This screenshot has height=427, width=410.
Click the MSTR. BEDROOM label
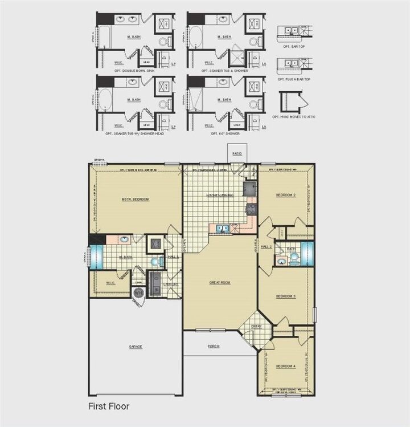tap(136, 199)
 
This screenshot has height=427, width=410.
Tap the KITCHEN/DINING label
tap(219, 195)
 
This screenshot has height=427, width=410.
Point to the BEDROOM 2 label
tap(286, 195)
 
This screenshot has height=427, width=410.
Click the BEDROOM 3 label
tap(286, 296)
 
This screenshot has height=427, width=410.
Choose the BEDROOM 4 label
tap(286, 365)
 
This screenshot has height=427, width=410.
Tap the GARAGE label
tap(136, 346)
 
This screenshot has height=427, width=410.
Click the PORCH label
tap(214, 346)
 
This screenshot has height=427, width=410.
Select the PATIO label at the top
tap(237, 154)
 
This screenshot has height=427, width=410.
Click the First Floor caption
tap(108, 406)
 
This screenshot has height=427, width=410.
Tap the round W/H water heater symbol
tap(138, 292)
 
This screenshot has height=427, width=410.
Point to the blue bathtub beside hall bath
tap(308, 253)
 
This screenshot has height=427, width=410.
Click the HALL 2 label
tap(267, 246)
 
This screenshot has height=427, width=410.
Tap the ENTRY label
tap(256, 326)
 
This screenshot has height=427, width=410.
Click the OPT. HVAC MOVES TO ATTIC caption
tap(294, 116)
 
